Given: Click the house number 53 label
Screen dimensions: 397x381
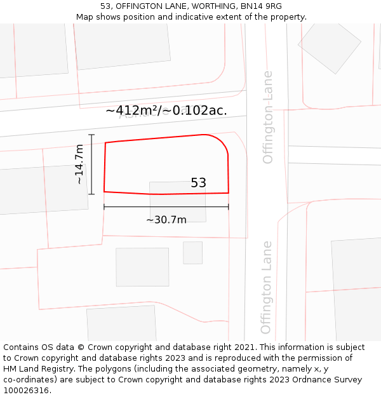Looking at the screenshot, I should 198,183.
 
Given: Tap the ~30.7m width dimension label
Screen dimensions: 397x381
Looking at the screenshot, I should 166,220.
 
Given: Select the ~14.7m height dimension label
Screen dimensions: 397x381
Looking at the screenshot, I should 79,165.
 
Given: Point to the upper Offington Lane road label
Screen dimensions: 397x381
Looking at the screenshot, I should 267,117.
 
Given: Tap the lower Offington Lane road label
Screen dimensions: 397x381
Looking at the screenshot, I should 266,287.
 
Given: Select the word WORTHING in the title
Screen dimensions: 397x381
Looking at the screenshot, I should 185,6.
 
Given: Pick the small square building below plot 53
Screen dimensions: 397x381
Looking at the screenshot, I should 192,252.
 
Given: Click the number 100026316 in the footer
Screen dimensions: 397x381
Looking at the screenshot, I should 25,391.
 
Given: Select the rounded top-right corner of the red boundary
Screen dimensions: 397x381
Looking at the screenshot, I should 220,142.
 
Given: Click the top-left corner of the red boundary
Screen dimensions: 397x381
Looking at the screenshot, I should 105,143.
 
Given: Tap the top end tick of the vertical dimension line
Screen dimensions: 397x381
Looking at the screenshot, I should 91,135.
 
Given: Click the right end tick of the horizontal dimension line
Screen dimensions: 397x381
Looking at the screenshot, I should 229,206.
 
